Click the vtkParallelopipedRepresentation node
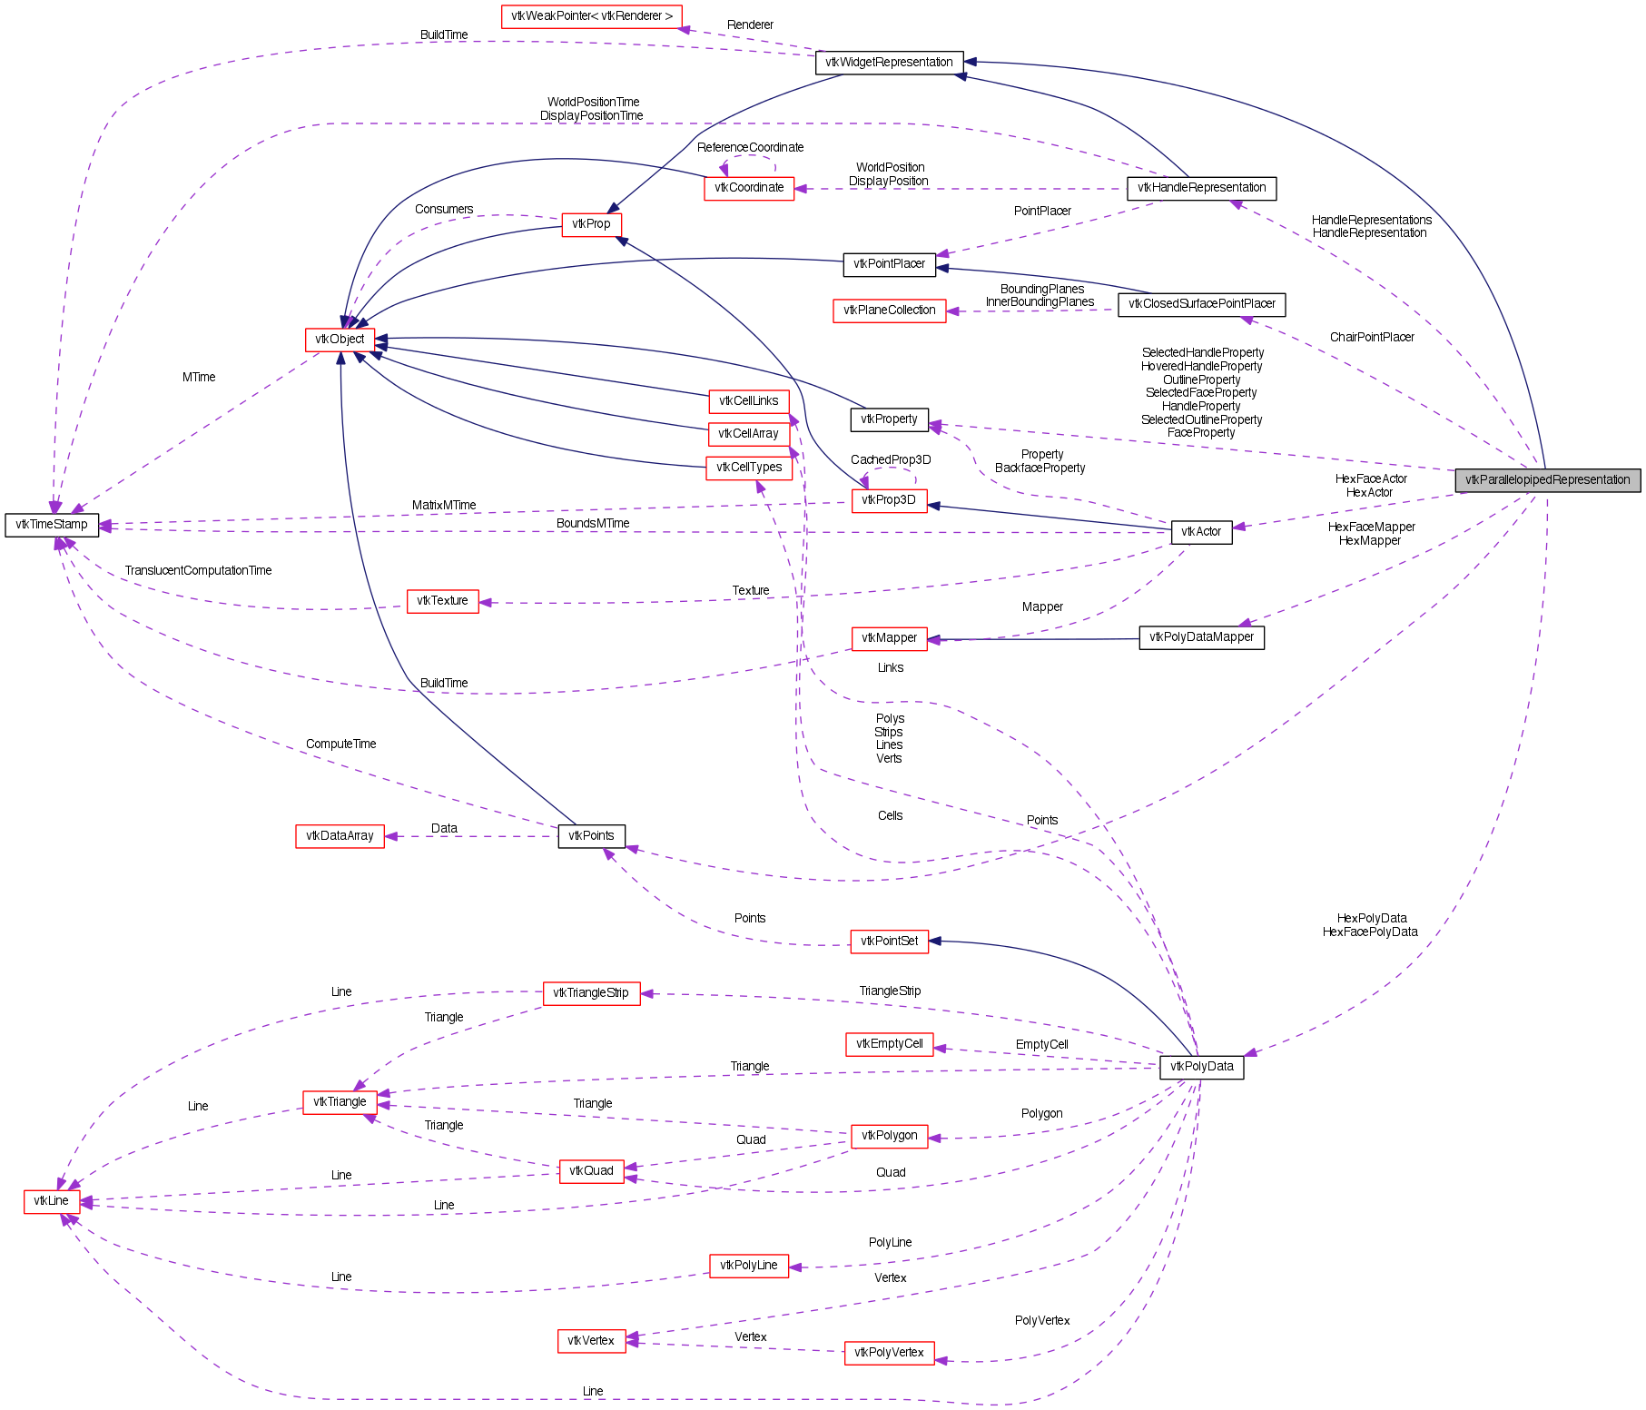[x=1547, y=480]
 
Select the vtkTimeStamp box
[x=52, y=525]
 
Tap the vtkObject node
[x=340, y=340]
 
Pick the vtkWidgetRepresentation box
[x=889, y=63]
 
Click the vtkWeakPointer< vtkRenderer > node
[x=591, y=16]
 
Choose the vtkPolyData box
[x=1201, y=1067]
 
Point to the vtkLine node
[x=52, y=1201]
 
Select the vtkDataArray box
[x=340, y=836]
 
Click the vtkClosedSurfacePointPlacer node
[x=1201, y=304]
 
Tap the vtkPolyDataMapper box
[x=1201, y=637]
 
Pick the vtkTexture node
[x=442, y=601]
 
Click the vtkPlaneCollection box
[x=889, y=311]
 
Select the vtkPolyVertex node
[x=889, y=1353]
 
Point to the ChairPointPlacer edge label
[x=1372, y=338]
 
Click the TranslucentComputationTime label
[x=198, y=571]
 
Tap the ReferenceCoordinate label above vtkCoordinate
[x=750, y=148]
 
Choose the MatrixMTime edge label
[x=444, y=506]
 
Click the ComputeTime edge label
[x=340, y=744]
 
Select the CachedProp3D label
[x=891, y=460]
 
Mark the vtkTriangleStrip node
[x=591, y=993]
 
